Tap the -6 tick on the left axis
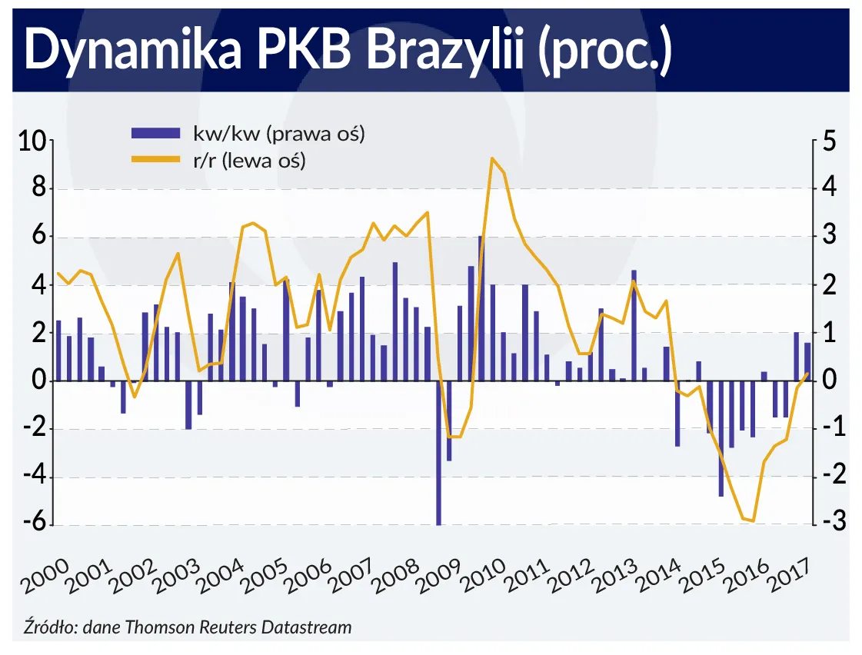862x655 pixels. pyautogui.click(x=34, y=525)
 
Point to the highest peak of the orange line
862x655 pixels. pyautogui.click(x=492, y=158)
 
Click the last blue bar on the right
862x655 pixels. pyautogui.click(x=807, y=361)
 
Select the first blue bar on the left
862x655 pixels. pyautogui.click(x=58, y=351)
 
